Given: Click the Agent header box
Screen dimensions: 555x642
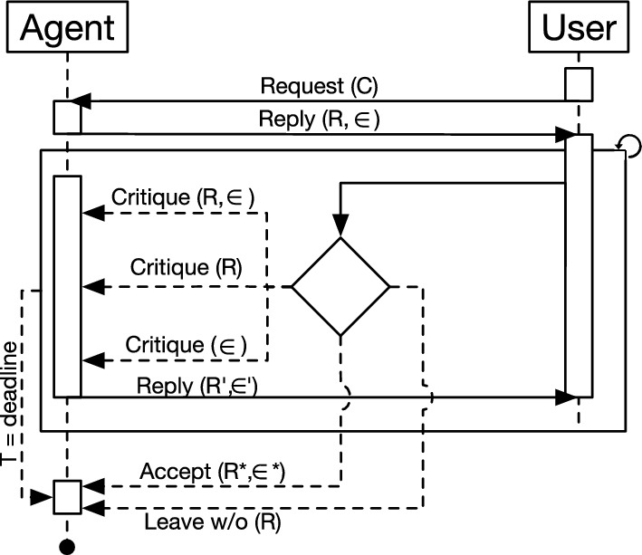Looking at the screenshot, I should pyautogui.click(x=68, y=28).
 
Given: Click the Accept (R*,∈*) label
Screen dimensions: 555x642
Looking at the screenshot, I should pyautogui.click(x=216, y=472).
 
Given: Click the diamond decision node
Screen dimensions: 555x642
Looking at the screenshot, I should pyautogui.click(x=340, y=287).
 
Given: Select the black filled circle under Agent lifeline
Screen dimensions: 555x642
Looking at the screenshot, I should pyautogui.click(x=67, y=547).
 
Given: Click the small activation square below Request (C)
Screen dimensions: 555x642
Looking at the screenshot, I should pyautogui.click(x=67, y=116).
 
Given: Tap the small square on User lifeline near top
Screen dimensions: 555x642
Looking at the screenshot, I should pyautogui.click(x=579, y=83).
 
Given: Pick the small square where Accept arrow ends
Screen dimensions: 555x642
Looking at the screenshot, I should pyautogui.click(x=67, y=495).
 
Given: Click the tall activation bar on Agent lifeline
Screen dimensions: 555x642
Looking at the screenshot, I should pyautogui.click(x=67, y=285).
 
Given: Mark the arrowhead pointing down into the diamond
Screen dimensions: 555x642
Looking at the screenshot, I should pyautogui.click(x=340, y=227).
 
